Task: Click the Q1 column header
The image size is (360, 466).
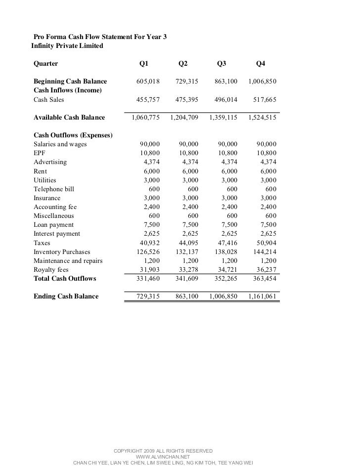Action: (144, 63)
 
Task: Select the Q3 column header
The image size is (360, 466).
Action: (222, 63)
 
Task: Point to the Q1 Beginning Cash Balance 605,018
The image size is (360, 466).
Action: (148, 81)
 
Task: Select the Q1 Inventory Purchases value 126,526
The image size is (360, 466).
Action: (148, 252)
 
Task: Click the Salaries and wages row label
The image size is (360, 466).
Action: (60, 144)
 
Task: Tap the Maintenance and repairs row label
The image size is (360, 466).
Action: (64, 261)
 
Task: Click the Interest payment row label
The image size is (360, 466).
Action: (56, 234)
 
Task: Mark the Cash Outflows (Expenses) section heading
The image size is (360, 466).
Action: (73, 135)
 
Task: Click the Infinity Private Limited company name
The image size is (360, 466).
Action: (67, 46)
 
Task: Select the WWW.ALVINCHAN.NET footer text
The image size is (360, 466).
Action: (163, 457)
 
